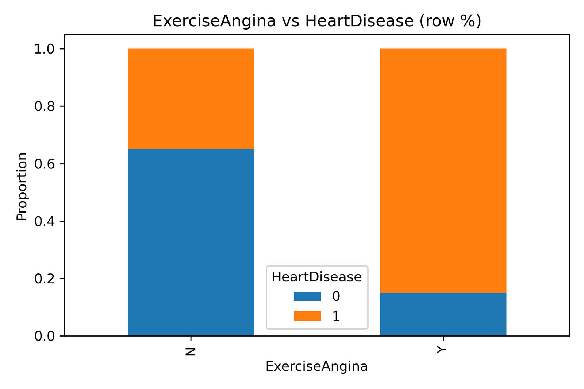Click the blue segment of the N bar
[191, 242]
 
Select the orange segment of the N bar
[191, 99]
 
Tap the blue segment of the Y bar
[443, 314]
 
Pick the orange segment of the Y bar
[443, 171]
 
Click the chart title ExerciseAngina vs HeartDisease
[317, 21]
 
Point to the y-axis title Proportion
[22, 187]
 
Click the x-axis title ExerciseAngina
[316, 366]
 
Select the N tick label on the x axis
[191, 351]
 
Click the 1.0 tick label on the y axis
[44, 49]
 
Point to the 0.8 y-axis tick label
[44, 106]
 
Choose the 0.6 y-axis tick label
[44, 164]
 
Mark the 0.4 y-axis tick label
[44, 221]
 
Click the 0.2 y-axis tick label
[44, 279]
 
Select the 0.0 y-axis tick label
[44, 336]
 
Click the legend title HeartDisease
[316, 277]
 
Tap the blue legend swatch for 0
[307, 296]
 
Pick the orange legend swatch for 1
[307, 316]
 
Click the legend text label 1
[336, 316]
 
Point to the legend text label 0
[336, 296]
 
